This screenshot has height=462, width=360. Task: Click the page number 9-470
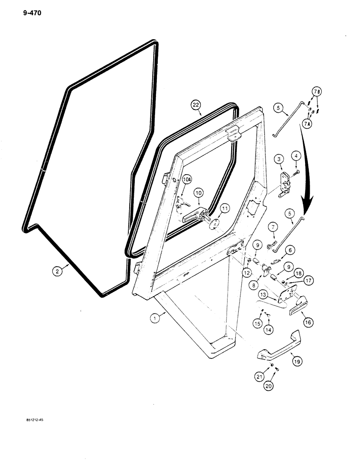point(31,13)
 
